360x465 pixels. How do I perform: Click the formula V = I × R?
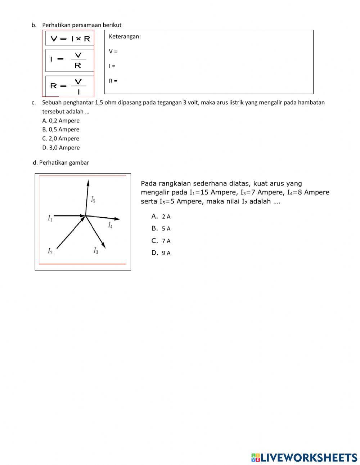pyautogui.click(x=70, y=39)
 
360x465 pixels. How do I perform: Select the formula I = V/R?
pyautogui.click(x=68, y=60)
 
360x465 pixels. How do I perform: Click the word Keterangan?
pyautogui.click(x=125, y=36)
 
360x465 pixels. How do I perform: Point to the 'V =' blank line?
pyautogui.click(x=113, y=52)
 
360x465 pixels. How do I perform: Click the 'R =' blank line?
pyautogui.click(x=113, y=81)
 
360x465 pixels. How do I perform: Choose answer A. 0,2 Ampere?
pyautogui.click(x=60, y=121)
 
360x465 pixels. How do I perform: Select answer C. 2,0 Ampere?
pyautogui.click(x=60, y=138)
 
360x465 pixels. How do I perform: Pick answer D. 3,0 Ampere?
pyautogui.click(x=61, y=147)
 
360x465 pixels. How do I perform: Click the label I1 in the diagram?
pyautogui.click(x=50, y=218)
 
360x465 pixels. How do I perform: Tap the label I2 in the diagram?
pyautogui.click(x=50, y=251)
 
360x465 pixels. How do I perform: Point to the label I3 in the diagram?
pyautogui.click(x=96, y=251)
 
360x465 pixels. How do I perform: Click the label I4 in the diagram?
pyautogui.click(x=110, y=225)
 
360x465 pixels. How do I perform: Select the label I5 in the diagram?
pyautogui.click(x=93, y=199)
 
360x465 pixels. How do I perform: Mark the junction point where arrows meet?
pyautogui.click(x=85, y=216)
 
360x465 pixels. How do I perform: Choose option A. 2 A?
pyautogui.click(x=161, y=216)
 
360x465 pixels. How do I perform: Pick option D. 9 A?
pyautogui.click(x=161, y=253)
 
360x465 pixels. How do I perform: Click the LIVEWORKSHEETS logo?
pyautogui.click(x=304, y=457)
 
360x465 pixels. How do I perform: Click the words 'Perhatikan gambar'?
pyautogui.click(x=64, y=162)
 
